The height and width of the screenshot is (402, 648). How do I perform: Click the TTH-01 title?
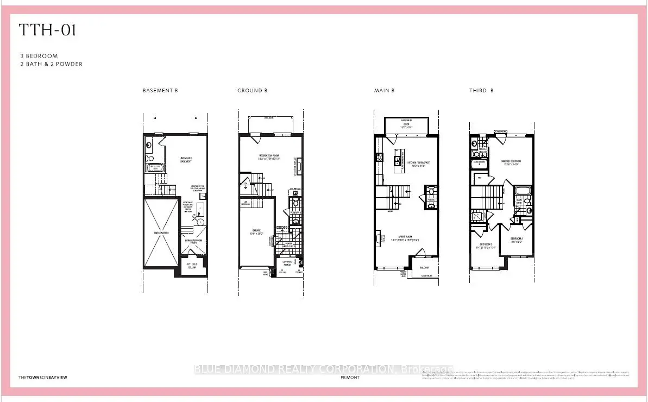(x=48, y=30)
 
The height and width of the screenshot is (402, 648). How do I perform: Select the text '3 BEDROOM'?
(x=38, y=56)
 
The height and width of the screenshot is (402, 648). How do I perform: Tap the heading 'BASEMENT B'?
(x=160, y=91)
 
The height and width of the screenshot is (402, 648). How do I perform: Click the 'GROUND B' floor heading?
(x=252, y=91)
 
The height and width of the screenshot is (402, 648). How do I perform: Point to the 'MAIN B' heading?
(x=384, y=91)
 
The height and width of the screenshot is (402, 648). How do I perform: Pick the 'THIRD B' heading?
(x=481, y=91)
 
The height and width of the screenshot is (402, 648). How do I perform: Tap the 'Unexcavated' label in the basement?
(x=161, y=233)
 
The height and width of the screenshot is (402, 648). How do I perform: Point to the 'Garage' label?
(x=256, y=231)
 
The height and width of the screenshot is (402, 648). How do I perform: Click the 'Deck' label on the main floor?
(x=406, y=124)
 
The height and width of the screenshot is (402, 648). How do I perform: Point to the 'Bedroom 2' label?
(x=517, y=239)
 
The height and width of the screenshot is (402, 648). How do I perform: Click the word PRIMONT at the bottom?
(x=350, y=377)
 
